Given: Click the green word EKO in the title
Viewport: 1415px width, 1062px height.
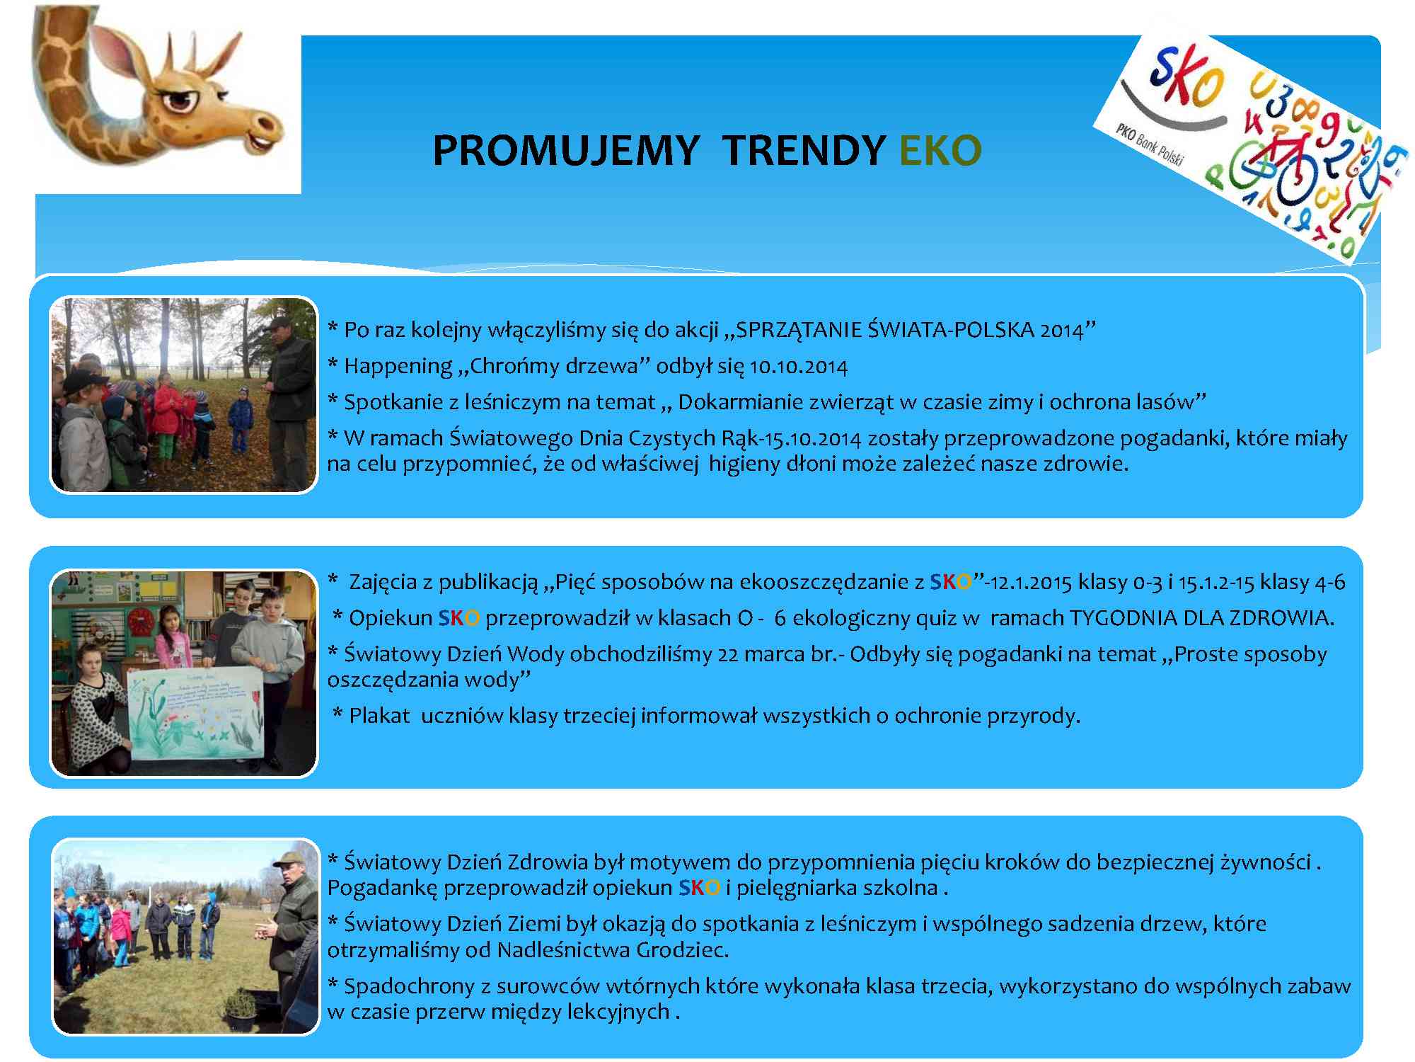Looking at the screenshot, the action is (x=940, y=150).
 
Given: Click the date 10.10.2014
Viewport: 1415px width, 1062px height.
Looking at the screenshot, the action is (x=799, y=367).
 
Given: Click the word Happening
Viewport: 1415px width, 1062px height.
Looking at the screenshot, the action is (x=398, y=367).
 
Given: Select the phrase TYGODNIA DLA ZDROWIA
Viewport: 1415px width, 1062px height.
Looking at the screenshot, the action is (x=1201, y=618).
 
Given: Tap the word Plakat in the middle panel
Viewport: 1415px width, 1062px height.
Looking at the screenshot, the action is (x=379, y=716).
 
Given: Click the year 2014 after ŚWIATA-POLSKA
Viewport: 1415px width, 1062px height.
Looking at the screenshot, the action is (x=1062, y=331).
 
